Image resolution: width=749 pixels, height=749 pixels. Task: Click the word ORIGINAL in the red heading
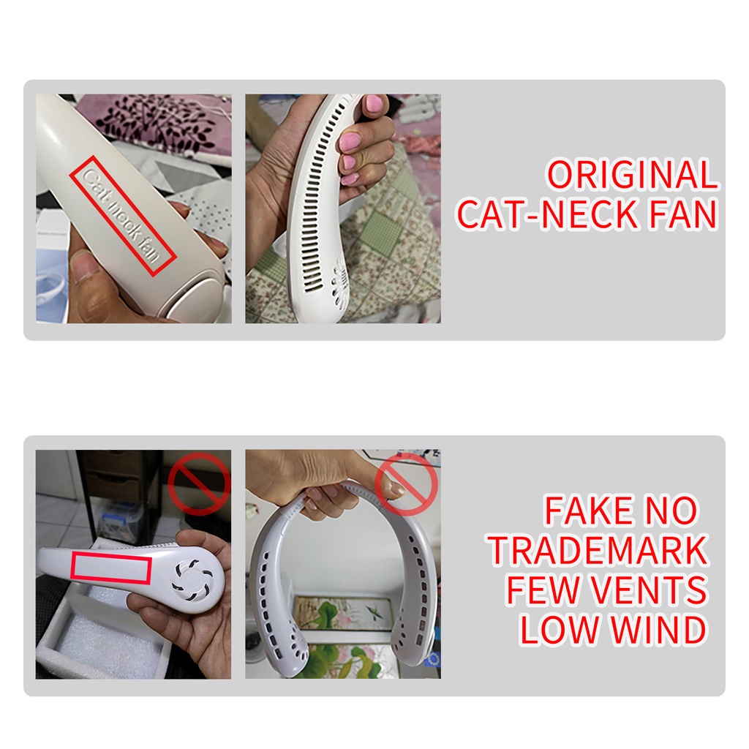coord(632,175)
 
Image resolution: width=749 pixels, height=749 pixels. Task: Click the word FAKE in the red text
coord(589,511)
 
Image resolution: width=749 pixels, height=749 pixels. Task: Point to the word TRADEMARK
coord(598,551)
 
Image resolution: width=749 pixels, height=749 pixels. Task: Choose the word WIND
coord(660,630)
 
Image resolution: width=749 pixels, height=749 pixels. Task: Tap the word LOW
coord(560,630)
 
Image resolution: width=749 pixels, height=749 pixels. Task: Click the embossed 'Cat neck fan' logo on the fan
coord(123,216)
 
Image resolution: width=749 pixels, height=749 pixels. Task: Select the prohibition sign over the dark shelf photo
coord(199,483)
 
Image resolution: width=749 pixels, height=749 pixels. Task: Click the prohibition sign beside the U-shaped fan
coord(406,484)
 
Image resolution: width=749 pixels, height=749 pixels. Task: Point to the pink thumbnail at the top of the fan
coord(374,102)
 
